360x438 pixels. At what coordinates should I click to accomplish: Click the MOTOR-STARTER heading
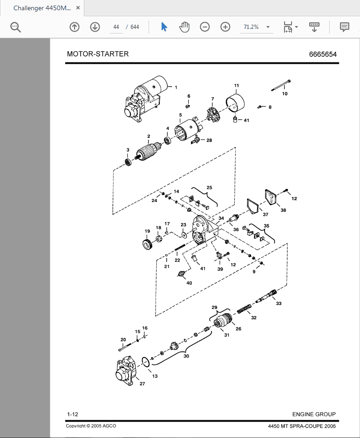click(x=98, y=54)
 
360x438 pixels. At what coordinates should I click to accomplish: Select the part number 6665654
click(x=323, y=54)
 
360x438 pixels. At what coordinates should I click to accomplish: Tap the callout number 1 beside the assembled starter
click(x=176, y=87)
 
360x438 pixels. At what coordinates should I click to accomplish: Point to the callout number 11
click(x=237, y=86)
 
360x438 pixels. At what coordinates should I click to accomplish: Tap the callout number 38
click(x=284, y=210)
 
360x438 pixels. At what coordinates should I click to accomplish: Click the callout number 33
click(x=278, y=303)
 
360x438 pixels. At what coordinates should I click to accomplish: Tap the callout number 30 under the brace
click(x=186, y=357)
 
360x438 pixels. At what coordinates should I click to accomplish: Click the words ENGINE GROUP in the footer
click(x=314, y=414)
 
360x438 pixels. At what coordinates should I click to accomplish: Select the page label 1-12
click(x=72, y=414)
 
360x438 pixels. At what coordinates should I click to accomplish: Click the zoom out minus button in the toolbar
click(x=205, y=27)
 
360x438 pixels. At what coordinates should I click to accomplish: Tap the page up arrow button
click(x=75, y=27)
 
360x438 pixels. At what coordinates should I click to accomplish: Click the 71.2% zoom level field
click(x=251, y=27)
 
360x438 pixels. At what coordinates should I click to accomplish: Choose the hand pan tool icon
click(x=184, y=27)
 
